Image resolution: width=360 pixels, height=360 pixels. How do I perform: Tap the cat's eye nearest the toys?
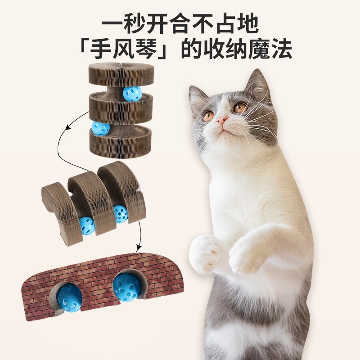pyautogui.click(x=208, y=116)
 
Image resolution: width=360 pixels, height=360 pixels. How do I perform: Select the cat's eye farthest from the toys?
pyautogui.click(x=239, y=108)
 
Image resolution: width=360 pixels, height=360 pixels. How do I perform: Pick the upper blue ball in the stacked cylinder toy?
pyautogui.click(x=131, y=94)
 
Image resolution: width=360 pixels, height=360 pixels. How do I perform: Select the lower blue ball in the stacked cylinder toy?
pyautogui.click(x=100, y=129)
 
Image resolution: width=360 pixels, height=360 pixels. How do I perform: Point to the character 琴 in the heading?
pyautogui.click(x=153, y=49)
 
